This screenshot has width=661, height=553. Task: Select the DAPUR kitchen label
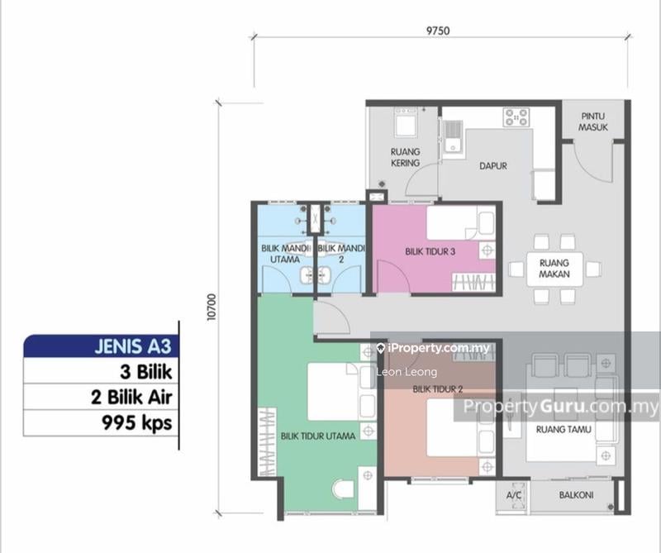(x=492, y=165)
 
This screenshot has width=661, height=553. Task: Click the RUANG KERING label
(x=406, y=157)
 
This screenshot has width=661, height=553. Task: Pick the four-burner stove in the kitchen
(x=516, y=117)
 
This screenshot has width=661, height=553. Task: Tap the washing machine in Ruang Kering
(x=407, y=125)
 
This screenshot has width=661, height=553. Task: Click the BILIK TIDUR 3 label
(x=430, y=251)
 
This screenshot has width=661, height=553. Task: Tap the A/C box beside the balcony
(x=513, y=497)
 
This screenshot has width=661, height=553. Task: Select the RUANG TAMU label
(x=561, y=429)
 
